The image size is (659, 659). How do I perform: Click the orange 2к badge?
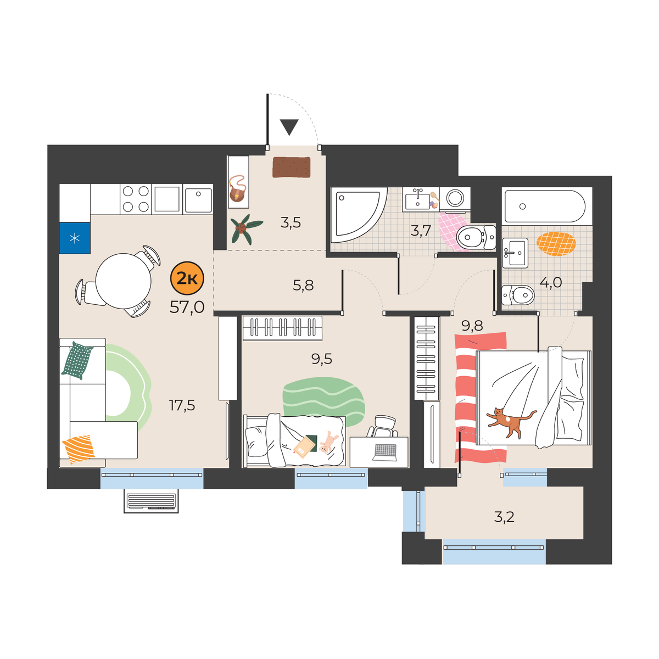(187, 278)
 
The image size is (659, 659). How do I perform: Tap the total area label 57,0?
(187, 308)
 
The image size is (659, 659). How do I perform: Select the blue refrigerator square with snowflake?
(75, 238)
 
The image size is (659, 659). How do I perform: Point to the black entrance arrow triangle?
(289, 127)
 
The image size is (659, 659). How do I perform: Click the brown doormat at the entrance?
(292, 167)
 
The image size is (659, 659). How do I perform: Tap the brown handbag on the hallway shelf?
(238, 189)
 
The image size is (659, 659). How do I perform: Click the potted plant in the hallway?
(245, 229)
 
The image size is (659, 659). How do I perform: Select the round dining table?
(123, 282)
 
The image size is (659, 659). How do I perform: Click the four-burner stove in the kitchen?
(136, 199)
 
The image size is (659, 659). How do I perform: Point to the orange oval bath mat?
(556, 244)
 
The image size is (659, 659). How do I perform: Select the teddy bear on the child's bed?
(328, 443)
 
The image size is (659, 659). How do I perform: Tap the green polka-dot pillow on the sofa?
(77, 360)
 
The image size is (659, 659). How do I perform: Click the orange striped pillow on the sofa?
(79, 449)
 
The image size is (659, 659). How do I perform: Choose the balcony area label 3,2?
(504, 517)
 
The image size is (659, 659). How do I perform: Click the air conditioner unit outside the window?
(151, 501)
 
